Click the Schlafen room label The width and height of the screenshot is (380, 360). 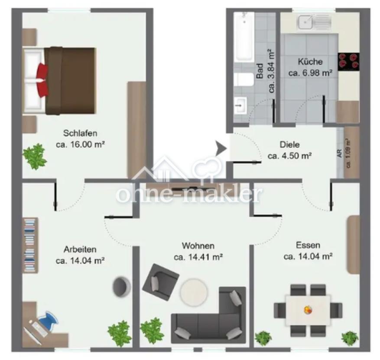80,133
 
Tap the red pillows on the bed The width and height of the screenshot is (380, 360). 42,80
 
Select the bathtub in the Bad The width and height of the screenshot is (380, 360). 244,36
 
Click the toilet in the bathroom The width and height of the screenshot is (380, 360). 244,79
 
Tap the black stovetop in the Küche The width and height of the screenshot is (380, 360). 349,62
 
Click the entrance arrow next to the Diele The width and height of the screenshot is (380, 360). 221,148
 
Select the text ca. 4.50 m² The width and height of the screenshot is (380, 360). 289,156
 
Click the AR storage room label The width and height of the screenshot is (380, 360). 340,153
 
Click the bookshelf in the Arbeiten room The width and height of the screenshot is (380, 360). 31,245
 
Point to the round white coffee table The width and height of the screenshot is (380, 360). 194,292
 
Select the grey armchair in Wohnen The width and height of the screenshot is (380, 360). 160,282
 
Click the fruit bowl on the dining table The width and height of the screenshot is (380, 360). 308,310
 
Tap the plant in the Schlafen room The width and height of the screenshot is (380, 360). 35,157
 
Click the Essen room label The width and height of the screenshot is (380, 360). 308,245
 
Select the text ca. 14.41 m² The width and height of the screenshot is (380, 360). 198,257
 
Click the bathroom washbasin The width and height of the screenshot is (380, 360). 240,105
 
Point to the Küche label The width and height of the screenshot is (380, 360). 310,62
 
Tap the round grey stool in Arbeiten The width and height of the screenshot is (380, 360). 121,286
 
